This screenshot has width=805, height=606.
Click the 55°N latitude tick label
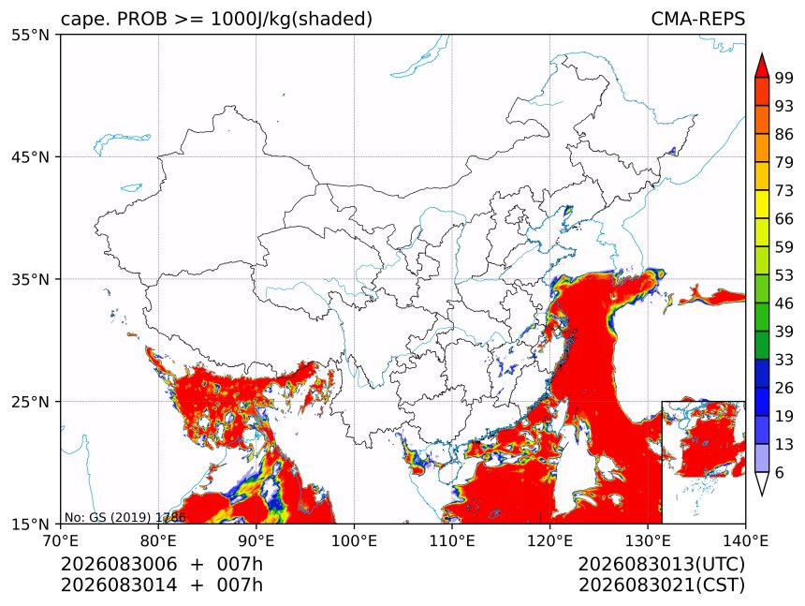(30, 35)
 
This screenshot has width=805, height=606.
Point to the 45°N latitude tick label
(30, 156)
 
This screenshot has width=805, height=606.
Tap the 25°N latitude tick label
(30, 401)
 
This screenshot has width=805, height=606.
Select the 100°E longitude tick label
(354, 540)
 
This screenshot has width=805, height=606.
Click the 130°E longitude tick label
(648, 540)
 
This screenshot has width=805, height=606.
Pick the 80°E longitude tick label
(158, 540)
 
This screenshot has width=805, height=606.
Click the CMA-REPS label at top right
(697, 19)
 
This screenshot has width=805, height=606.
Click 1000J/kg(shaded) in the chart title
(292, 20)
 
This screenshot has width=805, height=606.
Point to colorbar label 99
(784, 78)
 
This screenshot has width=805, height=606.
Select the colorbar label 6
(780, 472)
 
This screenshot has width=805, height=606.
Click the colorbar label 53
(784, 275)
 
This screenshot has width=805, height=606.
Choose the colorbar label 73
(784, 190)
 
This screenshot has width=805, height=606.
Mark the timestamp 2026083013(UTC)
(661, 564)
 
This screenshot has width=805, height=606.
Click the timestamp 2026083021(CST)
(661, 585)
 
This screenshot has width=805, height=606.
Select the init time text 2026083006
(119, 564)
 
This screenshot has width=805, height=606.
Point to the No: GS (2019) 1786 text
(124, 517)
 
